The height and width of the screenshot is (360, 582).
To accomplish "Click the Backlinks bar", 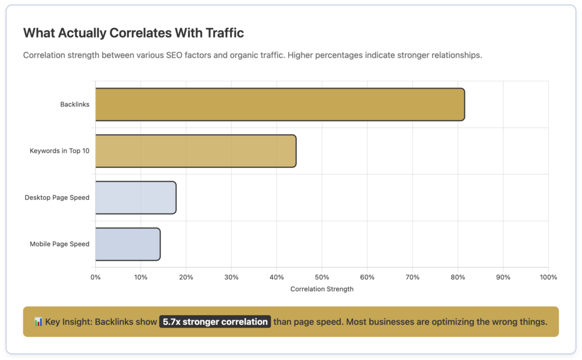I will click(x=280, y=105).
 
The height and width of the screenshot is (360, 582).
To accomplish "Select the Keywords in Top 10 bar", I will click(x=196, y=151).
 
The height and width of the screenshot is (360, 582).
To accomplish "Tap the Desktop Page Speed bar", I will click(x=135, y=197).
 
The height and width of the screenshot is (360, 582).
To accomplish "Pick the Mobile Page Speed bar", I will click(x=127, y=244).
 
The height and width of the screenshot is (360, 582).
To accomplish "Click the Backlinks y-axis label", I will click(x=74, y=105).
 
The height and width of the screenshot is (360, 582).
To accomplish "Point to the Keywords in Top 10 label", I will click(x=59, y=151).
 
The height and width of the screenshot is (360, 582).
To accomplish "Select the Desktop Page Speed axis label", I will click(x=57, y=197).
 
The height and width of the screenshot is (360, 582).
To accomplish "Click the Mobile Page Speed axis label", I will click(x=59, y=244).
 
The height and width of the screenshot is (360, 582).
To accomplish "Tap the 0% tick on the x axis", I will click(x=95, y=277).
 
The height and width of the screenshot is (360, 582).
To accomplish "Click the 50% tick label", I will click(x=322, y=277).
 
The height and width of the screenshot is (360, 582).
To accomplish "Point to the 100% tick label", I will click(x=548, y=277).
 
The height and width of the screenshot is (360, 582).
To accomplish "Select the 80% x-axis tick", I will click(x=458, y=277).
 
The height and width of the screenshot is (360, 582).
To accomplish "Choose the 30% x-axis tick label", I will click(x=231, y=277).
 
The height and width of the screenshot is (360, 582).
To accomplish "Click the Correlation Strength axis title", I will click(x=322, y=289).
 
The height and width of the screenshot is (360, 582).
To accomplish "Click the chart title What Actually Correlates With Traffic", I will click(x=134, y=33).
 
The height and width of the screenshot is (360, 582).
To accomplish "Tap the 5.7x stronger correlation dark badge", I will click(x=215, y=322).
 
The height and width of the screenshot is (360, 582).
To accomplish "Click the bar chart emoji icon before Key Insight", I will click(x=39, y=322).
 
